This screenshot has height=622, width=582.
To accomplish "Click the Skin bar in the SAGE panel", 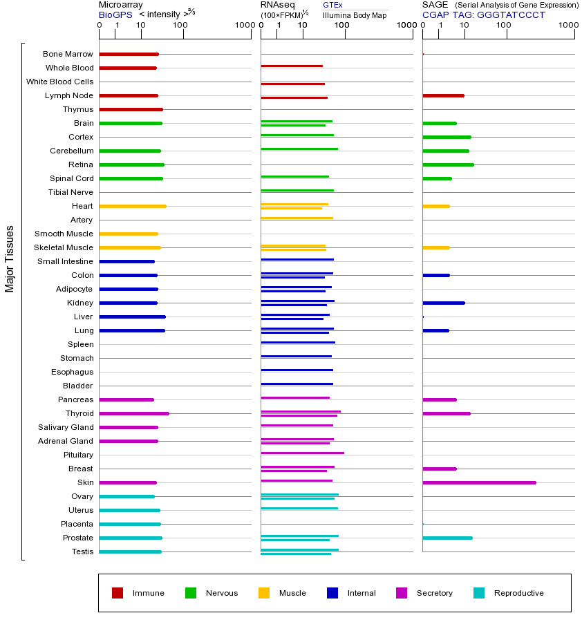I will pyautogui.click(x=479, y=482).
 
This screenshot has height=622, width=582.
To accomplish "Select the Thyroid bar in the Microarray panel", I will pyautogui.click(x=134, y=413).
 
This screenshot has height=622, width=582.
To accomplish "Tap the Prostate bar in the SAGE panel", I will pyautogui.click(x=447, y=538).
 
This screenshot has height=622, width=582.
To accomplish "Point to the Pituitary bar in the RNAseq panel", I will pyautogui.click(x=302, y=453).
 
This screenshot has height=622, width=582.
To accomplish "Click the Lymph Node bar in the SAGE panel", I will pyautogui.click(x=443, y=95).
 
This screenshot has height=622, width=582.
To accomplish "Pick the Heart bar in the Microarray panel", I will pyautogui.click(x=133, y=206).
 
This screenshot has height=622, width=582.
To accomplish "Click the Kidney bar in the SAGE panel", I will pyautogui.click(x=443, y=303).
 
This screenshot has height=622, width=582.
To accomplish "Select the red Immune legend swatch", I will pyautogui.click(x=118, y=593).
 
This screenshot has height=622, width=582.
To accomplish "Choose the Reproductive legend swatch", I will pyautogui.click(x=479, y=593).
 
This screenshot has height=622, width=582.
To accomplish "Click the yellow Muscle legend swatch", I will pyautogui.click(x=264, y=593).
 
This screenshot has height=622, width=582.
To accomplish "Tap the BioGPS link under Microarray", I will pyautogui.click(x=115, y=15).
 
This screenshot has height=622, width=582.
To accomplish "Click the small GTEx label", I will pyautogui.click(x=332, y=6).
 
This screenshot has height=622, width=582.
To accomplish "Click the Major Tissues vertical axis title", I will pyautogui.click(x=10, y=259).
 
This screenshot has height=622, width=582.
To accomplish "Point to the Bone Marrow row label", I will pyautogui.click(x=68, y=54).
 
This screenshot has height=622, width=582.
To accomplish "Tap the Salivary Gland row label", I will pyautogui.click(x=66, y=427).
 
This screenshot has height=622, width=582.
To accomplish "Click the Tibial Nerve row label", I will pyautogui.click(x=71, y=192).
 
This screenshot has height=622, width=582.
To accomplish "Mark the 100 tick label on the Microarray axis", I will pyautogui.click(x=180, y=26).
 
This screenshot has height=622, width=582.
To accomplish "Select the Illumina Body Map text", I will pyautogui.click(x=355, y=15).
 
